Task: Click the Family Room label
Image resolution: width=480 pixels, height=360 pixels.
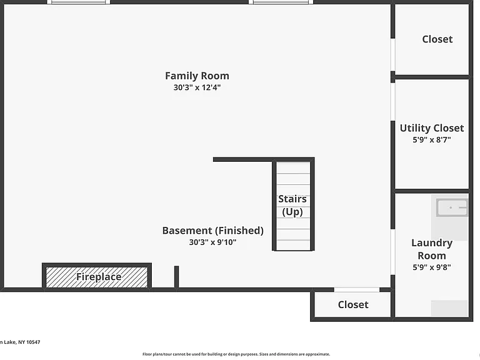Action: click(x=197, y=76)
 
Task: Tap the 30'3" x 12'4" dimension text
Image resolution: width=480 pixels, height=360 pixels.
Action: click(x=197, y=87)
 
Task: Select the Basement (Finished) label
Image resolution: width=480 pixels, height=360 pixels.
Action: click(x=212, y=231)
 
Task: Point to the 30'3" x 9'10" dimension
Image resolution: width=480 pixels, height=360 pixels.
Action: click(x=212, y=242)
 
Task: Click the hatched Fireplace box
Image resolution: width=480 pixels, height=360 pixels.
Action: click(x=97, y=277)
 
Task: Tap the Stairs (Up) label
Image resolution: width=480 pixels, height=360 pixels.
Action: click(x=292, y=205)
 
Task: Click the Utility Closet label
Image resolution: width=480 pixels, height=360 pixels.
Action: click(x=432, y=128)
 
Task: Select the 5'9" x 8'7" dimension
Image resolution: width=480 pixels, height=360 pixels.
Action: click(x=432, y=140)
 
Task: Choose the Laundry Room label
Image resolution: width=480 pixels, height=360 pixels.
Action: click(x=432, y=249)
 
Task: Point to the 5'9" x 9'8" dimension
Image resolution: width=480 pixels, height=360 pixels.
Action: click(x=432, y=267)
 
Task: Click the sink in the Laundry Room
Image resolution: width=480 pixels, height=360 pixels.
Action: click(x=452, y=207)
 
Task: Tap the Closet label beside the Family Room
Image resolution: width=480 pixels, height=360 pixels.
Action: click(x=437, y=39)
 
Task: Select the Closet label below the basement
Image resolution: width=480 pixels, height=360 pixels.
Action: click(x=353, y=304)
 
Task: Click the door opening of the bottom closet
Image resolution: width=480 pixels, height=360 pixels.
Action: click(x=357, y=289)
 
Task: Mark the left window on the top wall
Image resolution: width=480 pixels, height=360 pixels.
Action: click(x=78, y=2)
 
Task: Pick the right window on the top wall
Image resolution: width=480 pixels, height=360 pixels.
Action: click(x=281, y=2)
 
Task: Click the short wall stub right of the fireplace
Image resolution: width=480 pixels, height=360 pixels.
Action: click(x=176, y=277)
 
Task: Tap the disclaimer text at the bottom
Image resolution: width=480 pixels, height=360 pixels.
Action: click(x=236, y=354)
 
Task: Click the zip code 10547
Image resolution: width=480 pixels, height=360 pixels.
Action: click(x=33, y=342)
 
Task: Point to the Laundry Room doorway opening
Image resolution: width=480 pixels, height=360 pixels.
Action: click(x=392, y=252)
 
